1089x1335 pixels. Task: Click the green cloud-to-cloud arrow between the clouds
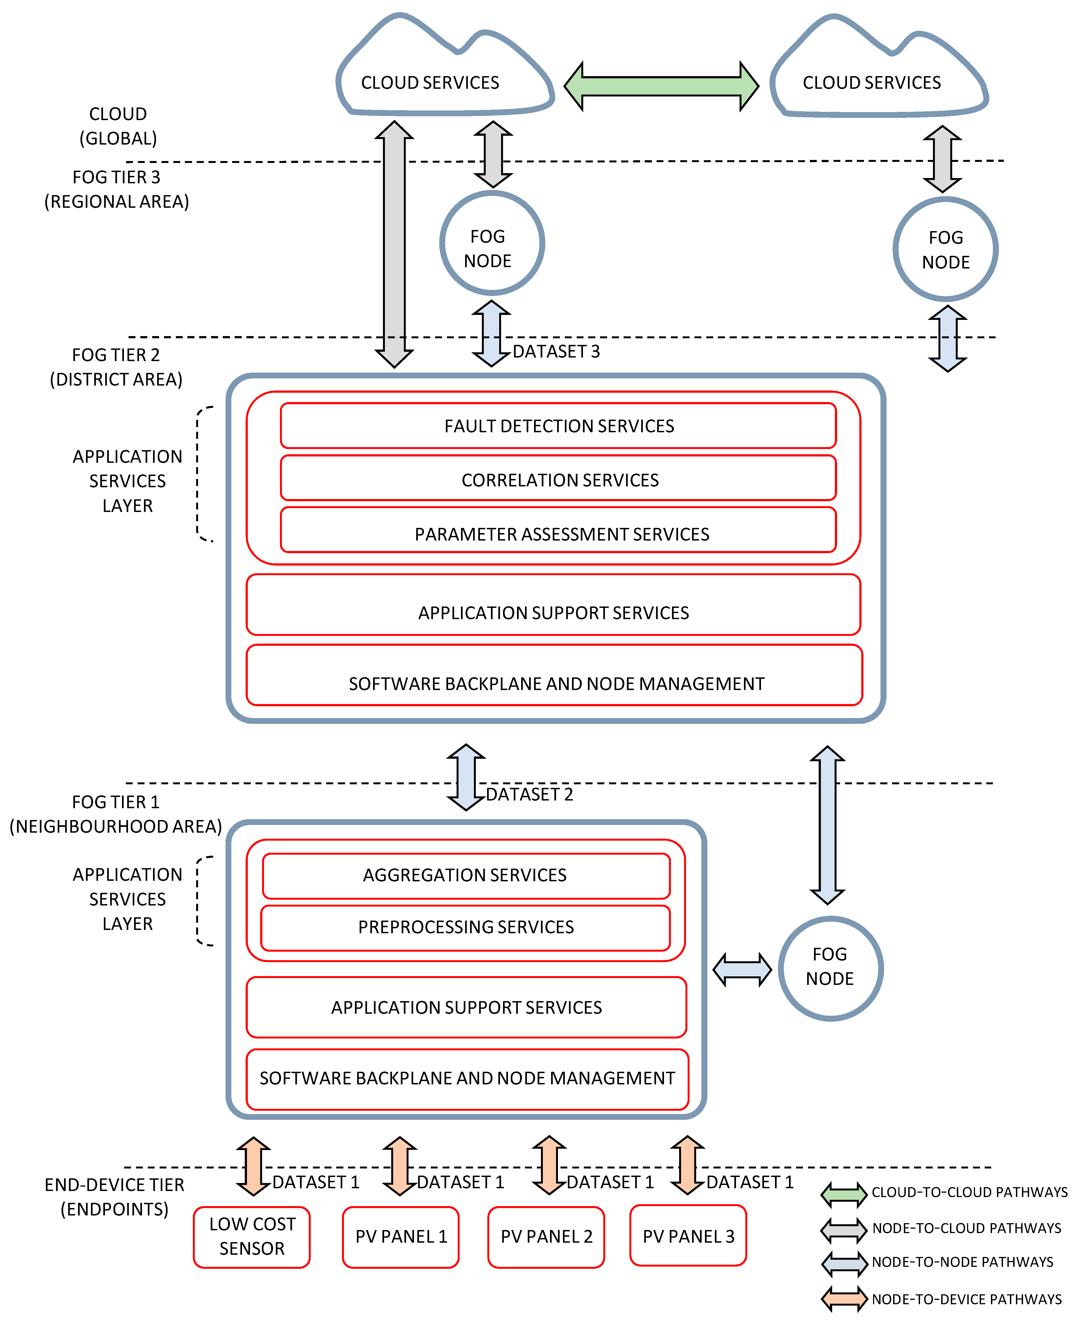661,86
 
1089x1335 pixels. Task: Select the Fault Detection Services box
558,426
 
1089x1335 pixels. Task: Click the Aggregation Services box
465,875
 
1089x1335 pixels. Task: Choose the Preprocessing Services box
465,927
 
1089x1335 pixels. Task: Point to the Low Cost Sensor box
252,1237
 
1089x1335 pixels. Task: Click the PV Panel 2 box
546,1237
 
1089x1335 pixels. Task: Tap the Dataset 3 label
556,351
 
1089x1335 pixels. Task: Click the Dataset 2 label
529,794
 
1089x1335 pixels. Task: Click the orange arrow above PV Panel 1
400,1166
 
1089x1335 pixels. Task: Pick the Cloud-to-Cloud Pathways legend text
969,1192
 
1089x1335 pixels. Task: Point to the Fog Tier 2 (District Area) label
116,367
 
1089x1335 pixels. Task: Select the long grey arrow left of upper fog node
394,245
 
